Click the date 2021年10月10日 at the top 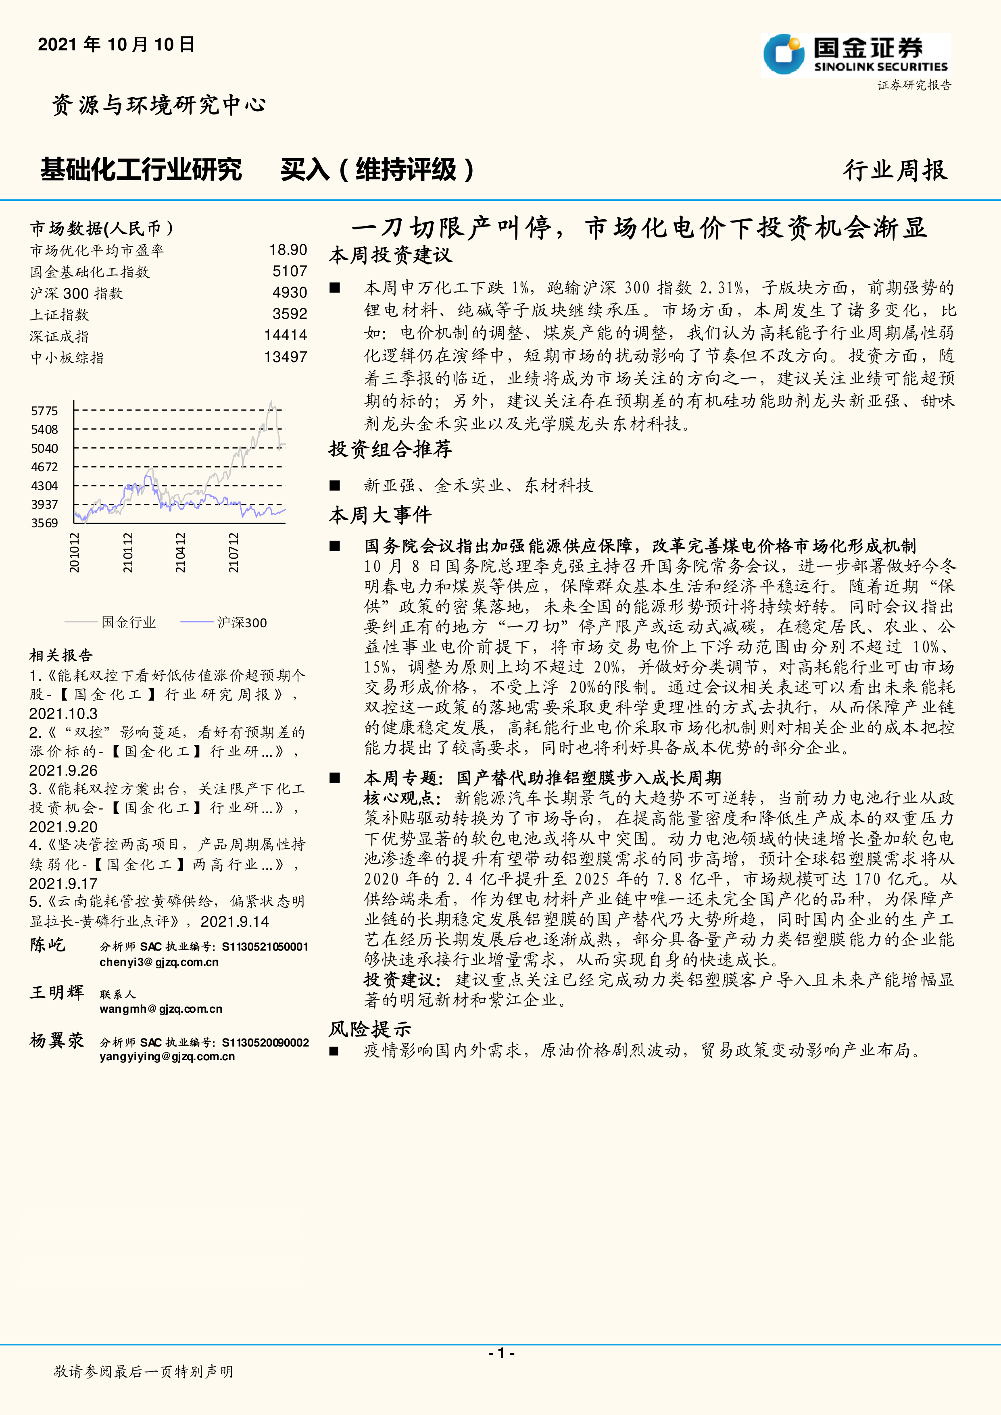(116, 44)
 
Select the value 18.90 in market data (288, 250)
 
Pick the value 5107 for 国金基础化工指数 (290, 271)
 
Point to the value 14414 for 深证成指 (286, 335)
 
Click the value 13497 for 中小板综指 (286, 357)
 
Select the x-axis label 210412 (180, 553)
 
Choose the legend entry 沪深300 (242, 622)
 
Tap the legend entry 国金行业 (128, 622)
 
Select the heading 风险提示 (370, 1028)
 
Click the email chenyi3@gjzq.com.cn (159, 962)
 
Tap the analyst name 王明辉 (57, 992)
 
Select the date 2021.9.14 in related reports (235, 921)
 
